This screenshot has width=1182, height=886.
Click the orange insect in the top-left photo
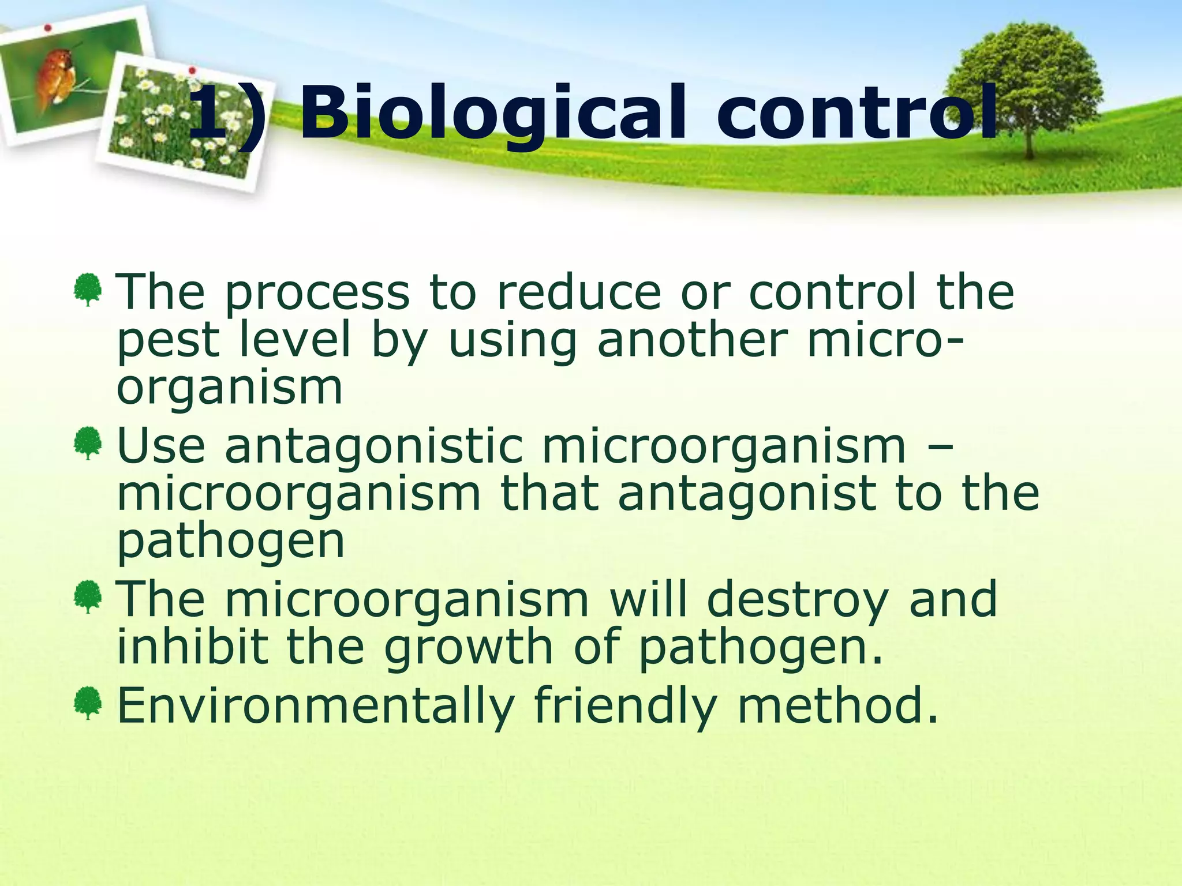coord(55,78)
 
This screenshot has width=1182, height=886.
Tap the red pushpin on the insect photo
coord(48,28)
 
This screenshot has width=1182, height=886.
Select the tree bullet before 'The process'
coord(88,290)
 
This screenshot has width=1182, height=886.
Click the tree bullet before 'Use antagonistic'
coord(88,443)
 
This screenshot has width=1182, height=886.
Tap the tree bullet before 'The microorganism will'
coord(88,596)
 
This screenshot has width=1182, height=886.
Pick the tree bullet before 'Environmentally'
coord(88,703)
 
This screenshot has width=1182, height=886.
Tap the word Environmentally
coord(315,706)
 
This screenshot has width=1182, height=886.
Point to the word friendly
coord(626,706)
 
